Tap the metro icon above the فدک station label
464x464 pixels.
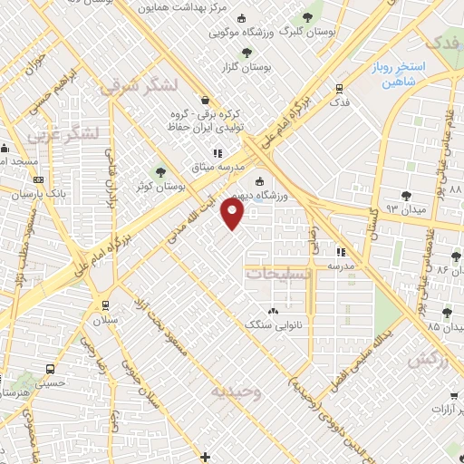[x=338, y=89]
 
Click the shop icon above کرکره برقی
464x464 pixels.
[x=205, y=100]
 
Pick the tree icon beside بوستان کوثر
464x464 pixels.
[x=161, y=172]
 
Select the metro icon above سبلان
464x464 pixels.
[x=106, y=304]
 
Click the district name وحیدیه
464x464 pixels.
[x=237, y=392]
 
